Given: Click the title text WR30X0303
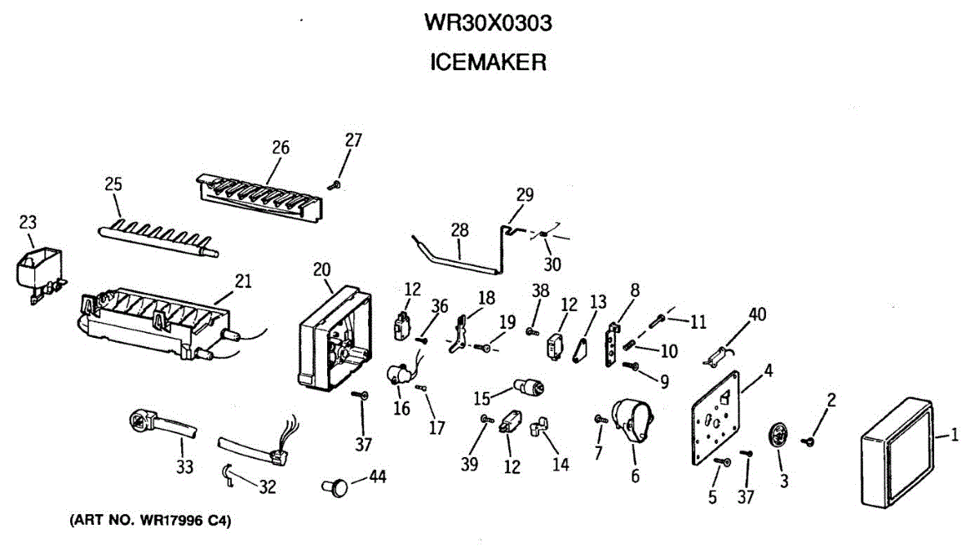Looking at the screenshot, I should click(488, 24).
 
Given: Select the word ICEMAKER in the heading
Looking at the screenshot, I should click(488, 62).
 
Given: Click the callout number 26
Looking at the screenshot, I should click(281, 148).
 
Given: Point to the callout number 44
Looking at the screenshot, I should click(378, 475).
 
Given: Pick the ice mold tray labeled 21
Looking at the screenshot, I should click(155, 322).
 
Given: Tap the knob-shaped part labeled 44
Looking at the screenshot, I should click(335, 486).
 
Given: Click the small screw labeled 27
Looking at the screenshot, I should click(334, 185).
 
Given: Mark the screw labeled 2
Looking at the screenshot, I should click(811, 441).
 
